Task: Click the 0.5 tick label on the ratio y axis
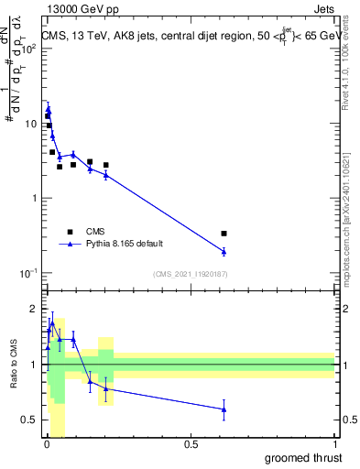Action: [x=29, y=420]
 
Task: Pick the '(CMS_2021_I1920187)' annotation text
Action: [x=190, y=273]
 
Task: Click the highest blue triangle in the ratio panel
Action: [x=52, y=322]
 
